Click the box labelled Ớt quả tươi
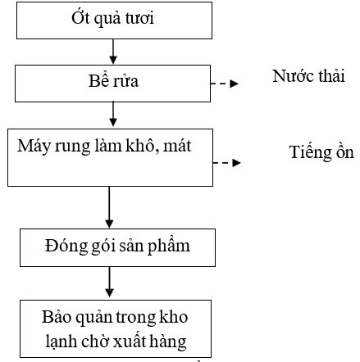coord(114,20)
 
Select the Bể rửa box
coord(112,84)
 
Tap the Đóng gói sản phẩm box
coord(117,247)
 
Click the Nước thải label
coord(308,76)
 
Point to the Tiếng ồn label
coord(321,152)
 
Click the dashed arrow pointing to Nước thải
coord(225,84)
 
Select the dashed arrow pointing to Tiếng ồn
coord(226,163)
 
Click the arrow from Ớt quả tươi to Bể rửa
coord(113,52)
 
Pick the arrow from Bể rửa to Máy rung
coord(113,115)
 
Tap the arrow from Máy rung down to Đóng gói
coord(109,207)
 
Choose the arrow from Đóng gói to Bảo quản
coord(109,282)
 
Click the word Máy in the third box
coord(34,147)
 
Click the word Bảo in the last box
coord(56,317)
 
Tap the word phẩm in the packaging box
coord(169,246)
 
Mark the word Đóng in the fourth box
coord(66,246)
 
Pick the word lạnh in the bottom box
coord(61,341)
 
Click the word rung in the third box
coord(72,147)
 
